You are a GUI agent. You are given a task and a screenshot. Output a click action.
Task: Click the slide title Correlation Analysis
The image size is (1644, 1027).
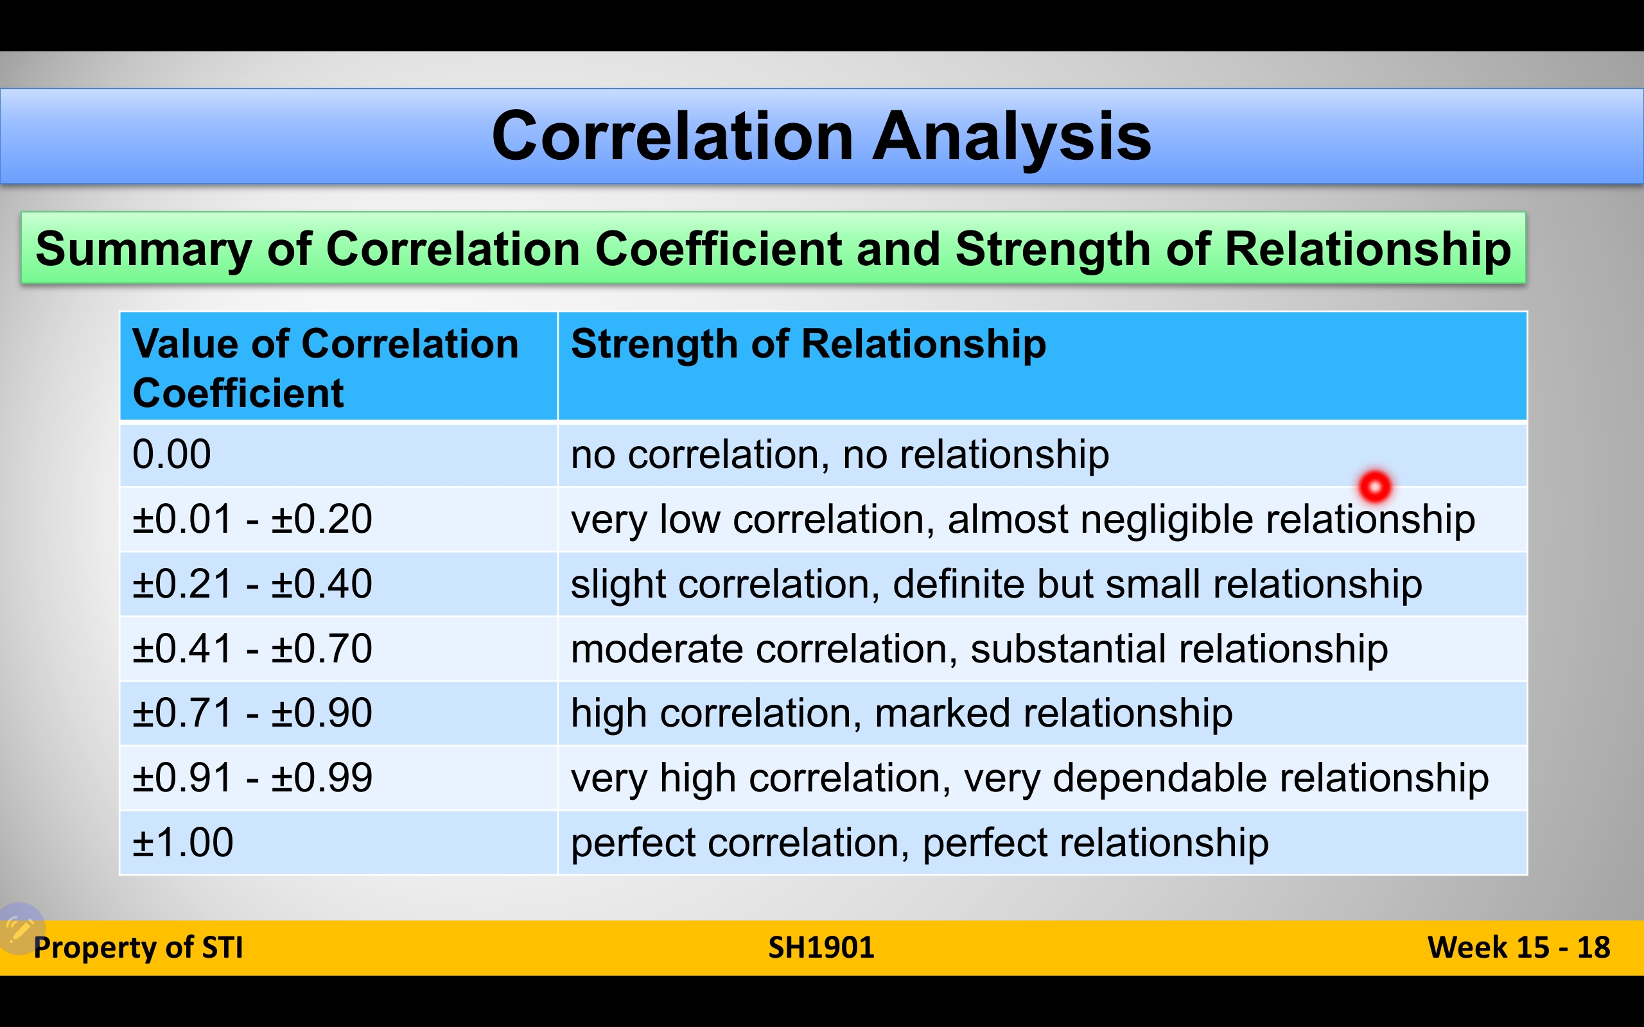(x=821, y=137)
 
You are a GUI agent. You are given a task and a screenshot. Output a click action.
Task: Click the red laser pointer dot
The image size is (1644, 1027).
(x=1375, y=487)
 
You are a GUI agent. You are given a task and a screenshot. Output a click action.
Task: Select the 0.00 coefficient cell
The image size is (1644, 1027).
(x=338, y=454)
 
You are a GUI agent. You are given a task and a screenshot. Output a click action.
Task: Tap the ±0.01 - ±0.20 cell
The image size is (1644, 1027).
(x=338, y=518)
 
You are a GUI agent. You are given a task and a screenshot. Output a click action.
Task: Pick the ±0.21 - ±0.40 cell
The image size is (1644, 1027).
(x=338, y=583)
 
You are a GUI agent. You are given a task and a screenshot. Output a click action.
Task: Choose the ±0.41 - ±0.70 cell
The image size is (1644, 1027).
(x=338, y=648)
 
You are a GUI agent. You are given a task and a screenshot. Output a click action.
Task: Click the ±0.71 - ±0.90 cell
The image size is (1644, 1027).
(x=338, y=712)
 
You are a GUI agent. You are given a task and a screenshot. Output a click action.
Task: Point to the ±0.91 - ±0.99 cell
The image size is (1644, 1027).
(x=338, y=777)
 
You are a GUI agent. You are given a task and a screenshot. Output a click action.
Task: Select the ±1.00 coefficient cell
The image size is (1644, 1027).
(x=338, y=842)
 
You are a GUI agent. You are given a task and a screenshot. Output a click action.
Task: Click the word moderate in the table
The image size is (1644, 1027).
(x=657, y=648)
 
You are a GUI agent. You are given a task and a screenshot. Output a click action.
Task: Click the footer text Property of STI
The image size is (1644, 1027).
(x=138, y=947)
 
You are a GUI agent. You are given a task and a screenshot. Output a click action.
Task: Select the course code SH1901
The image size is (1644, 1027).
(x=821, y=947)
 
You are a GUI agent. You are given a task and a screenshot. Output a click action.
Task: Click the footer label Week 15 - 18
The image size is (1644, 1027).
(x=1519, y=947)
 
